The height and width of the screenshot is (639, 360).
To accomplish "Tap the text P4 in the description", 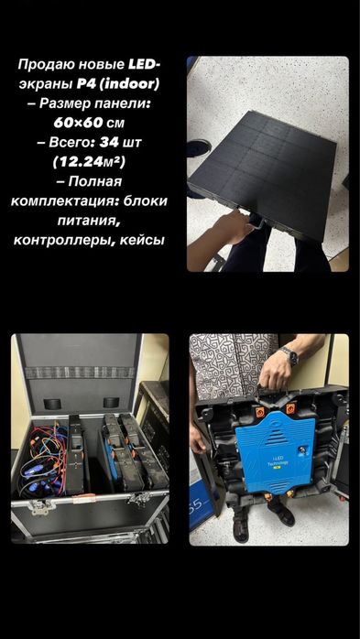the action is coord(85,84).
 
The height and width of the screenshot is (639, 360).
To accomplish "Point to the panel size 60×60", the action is coord(78,123).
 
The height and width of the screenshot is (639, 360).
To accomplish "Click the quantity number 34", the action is coord(109,142).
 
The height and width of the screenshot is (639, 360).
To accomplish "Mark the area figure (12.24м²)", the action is coord(89,162).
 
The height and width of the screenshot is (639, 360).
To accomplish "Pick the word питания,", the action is coord(89,221).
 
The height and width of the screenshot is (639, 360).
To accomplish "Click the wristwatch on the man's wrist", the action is coord(289,355).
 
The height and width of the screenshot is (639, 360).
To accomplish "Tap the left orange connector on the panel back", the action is coord(260,411).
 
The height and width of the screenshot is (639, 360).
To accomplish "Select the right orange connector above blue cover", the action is coord(290,408).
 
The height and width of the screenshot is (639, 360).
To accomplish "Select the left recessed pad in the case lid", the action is coord(52,404).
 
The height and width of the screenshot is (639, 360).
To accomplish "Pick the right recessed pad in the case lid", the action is coord(112,402).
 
